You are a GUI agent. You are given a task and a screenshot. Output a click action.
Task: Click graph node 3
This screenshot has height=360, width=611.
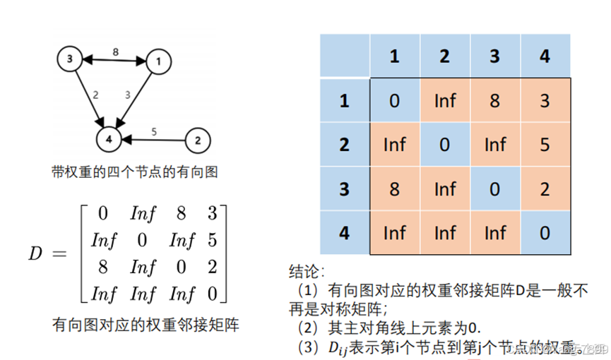[x=69, y=60]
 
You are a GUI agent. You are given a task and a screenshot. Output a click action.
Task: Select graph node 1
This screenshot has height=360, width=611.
[x=158, y=61]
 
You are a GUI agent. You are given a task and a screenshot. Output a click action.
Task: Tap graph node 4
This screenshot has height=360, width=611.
[x=109, y=140]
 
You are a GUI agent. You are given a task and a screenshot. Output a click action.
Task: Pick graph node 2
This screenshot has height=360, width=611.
[x=198, y=140]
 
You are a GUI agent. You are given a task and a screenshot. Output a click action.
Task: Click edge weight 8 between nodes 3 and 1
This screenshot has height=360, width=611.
[x=114, y=52]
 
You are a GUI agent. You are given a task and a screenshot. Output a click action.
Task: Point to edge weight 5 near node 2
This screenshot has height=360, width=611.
[x=155, y=131]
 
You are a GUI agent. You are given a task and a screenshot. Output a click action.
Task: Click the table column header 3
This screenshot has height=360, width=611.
[x=494, y=56]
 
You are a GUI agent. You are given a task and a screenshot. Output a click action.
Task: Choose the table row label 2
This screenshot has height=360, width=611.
[x=345, y=145]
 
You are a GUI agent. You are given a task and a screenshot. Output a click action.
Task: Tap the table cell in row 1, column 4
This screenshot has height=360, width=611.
[x=544, y=101]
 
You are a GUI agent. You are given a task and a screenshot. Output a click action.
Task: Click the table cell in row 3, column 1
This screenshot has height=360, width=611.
[x=394, y=188]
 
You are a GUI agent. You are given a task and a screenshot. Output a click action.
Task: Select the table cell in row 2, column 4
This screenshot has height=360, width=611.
[x=544, y=145]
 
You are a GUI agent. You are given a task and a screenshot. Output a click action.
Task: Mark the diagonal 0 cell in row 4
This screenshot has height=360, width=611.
[x=544, y=232]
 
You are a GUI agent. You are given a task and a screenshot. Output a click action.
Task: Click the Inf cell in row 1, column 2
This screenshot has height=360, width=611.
[x=444, y=101]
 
